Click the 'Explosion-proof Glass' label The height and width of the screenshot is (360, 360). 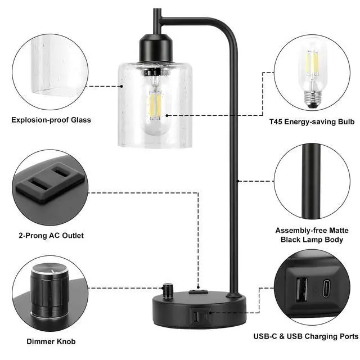click(x=51, y=120)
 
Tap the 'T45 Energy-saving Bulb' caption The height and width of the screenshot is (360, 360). click(x=311, y=121)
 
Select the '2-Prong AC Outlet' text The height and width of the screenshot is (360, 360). click(x=51, y=236)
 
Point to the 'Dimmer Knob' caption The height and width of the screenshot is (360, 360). click(x=51, y=341)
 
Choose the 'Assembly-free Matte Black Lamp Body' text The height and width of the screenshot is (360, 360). click(x=312, y=235)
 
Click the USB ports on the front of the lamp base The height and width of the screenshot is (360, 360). click(x=199, y=317)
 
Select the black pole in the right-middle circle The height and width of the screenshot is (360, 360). click(x=311, y=180)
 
